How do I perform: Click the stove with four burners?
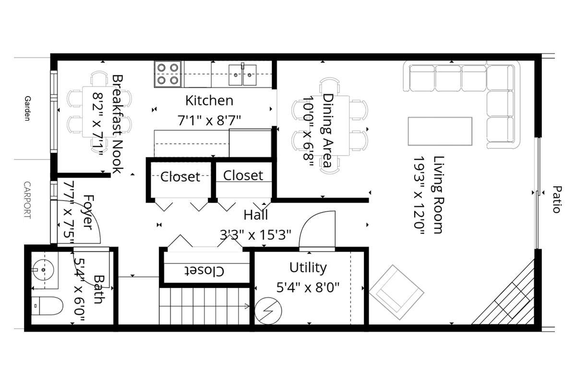(x=168, y=74)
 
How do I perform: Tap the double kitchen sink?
(x=242, y=74)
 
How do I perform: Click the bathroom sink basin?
(x=44, y=270)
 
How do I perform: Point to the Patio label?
(x=556, y=199)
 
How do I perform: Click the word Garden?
(x=27, y=108)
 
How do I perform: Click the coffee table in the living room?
(x=440, y=131)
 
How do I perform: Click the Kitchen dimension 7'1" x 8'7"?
(x=209, y=120)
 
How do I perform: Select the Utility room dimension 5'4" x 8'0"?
(x=308, y=288)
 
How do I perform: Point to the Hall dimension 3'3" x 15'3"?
(x=256, y=235)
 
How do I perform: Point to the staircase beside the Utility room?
(x=204, y=306)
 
